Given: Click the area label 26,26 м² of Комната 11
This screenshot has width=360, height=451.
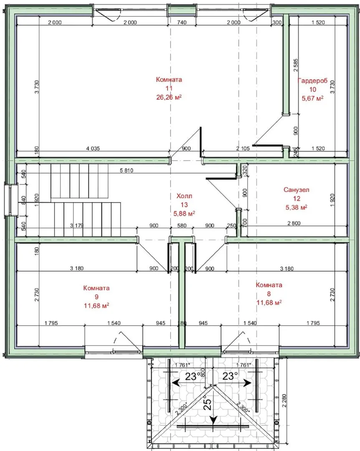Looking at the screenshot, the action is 169,97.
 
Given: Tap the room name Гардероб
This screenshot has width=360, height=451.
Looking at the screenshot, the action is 312,81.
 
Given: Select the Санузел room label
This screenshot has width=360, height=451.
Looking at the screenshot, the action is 296,190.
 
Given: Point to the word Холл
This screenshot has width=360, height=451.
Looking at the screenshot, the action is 184,196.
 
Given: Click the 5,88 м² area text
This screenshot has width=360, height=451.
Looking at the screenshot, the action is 184,213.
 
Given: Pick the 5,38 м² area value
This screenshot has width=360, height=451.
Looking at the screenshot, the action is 297,207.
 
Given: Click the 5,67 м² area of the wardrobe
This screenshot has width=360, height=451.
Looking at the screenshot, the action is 312,99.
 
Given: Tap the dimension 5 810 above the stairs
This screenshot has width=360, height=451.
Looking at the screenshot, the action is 126,170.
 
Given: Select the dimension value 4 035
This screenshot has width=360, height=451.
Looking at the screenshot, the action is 93,149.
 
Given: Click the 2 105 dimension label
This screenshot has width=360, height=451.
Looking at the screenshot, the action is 243,149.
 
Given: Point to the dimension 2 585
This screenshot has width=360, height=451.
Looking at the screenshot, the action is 296,65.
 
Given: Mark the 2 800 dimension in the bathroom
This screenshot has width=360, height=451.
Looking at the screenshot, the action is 294,223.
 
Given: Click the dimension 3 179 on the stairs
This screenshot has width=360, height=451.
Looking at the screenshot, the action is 77,225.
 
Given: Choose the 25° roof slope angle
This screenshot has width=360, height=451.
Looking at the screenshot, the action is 209,403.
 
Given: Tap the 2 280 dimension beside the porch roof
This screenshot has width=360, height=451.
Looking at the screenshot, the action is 284,400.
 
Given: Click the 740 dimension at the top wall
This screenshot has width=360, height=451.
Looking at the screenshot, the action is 181,23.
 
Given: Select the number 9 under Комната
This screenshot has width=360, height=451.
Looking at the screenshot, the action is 96,297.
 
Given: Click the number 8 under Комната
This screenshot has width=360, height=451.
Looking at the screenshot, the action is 269,294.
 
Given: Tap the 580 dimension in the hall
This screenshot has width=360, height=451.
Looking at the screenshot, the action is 181,226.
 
